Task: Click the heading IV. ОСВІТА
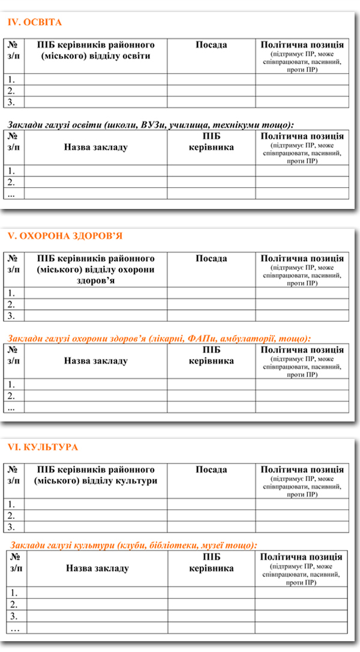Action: coord(35,22)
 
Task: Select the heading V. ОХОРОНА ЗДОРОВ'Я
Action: coord(65,235)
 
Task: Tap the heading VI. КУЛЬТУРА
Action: coord(43,447)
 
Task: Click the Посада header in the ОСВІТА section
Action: coord(211,45)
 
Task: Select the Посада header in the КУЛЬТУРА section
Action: coord(211,469)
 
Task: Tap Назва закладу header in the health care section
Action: coord(96,361)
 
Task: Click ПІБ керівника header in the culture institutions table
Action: coord(211,563)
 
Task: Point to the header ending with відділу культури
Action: coord(96,475)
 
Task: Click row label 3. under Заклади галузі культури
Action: coord(14,616)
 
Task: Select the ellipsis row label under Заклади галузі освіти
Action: coord(11,193)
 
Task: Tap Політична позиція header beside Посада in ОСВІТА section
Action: coord(302,45)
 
